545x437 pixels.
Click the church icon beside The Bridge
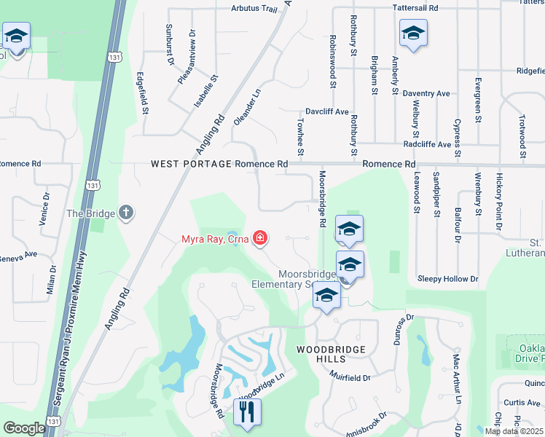126,213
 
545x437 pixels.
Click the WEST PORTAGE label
192,165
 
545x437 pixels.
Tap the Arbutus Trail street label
234,9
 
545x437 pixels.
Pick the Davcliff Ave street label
327,112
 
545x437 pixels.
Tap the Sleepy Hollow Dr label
447,279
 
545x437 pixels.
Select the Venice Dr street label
46,206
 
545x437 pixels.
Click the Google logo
24,428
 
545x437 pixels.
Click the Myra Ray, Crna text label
215,239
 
